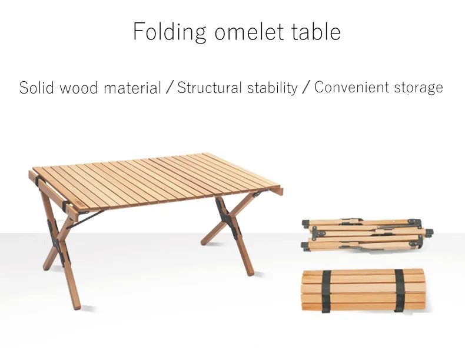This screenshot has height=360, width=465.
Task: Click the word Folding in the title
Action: click(x=170, y=32)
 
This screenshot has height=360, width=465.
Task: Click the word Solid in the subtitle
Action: click(x=36, y=88)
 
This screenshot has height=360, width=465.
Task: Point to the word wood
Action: click(x=79, y=88)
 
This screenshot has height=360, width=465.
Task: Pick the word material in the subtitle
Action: click(x=132, y=88)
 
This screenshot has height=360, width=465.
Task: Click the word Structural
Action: click(x=210, y=88)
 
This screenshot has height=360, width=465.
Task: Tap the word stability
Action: click(x=273, y=88)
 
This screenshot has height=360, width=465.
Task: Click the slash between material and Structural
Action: click(x=170, y=88)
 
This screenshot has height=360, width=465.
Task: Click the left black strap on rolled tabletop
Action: click(x=326, y=291)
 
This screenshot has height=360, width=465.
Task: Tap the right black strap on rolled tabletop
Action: click(x=399, y=291)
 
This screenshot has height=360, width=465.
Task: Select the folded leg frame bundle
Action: click(x=367, y=235)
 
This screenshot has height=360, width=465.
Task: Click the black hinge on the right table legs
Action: click(x=227, y=218)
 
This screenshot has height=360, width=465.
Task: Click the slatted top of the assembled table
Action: click(x=157, y=181)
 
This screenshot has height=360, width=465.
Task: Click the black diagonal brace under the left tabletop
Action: click(x=86, y=219)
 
